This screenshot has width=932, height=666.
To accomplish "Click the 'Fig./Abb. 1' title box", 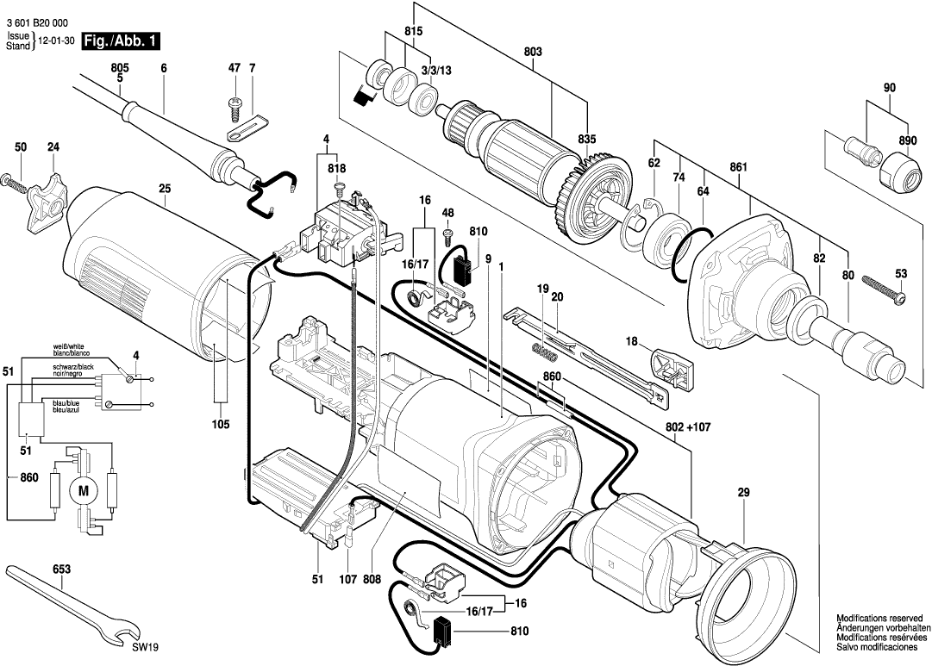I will coord(120,40).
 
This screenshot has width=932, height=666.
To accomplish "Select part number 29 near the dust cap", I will coord(743,493).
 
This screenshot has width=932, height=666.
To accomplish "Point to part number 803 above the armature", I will coord(533,53).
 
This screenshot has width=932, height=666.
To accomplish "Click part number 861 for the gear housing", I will coord(738,167).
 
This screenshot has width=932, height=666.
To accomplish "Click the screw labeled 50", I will coord(16,182).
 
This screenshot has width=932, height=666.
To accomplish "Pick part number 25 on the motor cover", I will coord(165,189).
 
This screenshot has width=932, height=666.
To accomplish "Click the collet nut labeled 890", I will coord(899,170).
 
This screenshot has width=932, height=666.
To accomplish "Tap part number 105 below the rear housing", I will coord(220,424).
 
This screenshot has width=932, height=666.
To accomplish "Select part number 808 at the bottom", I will coord(372,581).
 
